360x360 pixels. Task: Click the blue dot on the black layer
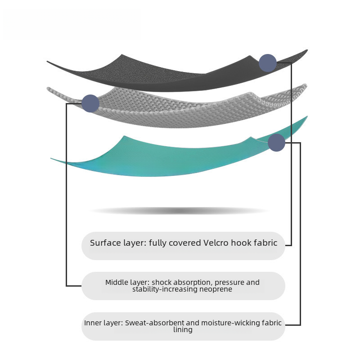pos(268,63)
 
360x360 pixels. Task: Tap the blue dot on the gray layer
pos(90,103)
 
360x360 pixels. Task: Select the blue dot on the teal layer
pos(276,143)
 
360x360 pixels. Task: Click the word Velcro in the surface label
pos(216,243)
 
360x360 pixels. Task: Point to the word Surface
pos(105,243)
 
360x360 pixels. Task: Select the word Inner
pos(92,323)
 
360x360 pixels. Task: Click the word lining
pos(183,330)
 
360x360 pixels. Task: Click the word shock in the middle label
pos(161,283)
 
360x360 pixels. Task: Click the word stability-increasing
pos(165,289)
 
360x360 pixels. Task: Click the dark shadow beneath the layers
pos(180,211)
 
